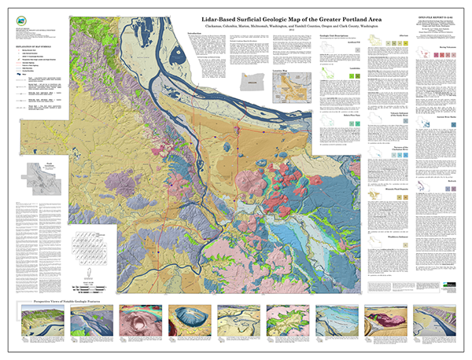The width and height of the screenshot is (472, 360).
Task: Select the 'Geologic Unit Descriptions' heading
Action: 340,35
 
